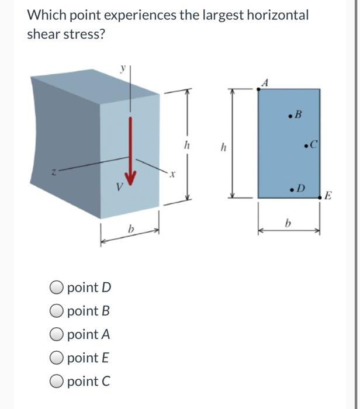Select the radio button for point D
pyautogui.click(x=57, y=287)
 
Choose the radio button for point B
pyautogui.click(x=57, y=311)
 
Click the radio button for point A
pyautogui.click(x=57, y=334)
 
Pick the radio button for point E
pyautogui.click(x=57, y=358)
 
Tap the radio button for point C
pyautogui.click(x=57, y=382)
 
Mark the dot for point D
pyautogui.click(x=291, y=189)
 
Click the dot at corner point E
pyautogui.click(x=320, y=198)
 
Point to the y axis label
pyautogui.click(x=123, y=68)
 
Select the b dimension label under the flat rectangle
pyautogui.click(x=287, y=223)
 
